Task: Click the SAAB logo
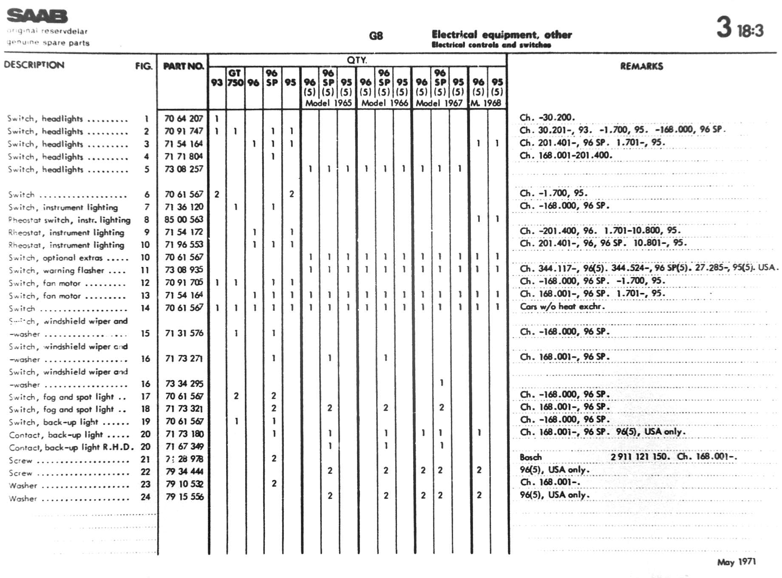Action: pos(37,16)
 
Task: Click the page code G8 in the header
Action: pos(376,36)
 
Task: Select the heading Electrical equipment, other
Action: pos(501,34)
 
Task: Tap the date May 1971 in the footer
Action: pos(736,562)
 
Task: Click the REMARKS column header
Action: pos(641,66)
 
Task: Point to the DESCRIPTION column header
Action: pos(34,65)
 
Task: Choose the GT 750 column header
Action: pos(235,77)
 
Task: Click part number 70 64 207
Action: pos(184,119)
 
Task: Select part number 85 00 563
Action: pos(184,219)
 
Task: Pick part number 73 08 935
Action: pos(184,270)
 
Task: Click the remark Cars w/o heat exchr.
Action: pos(562,306)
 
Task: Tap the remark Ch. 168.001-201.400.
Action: pos(566,156)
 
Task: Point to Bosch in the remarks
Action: pos(531,457)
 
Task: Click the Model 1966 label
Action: pos(384,103)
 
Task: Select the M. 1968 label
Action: pos(486,103)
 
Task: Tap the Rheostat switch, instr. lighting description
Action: pos(69,220)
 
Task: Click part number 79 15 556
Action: pos(184,496)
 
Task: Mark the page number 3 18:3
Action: pos(739,28)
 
